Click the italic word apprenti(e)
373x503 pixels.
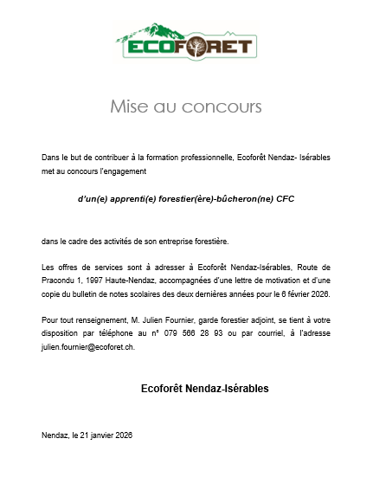(x=126, y=198)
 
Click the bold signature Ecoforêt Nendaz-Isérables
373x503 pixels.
(x=204, y=389)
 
